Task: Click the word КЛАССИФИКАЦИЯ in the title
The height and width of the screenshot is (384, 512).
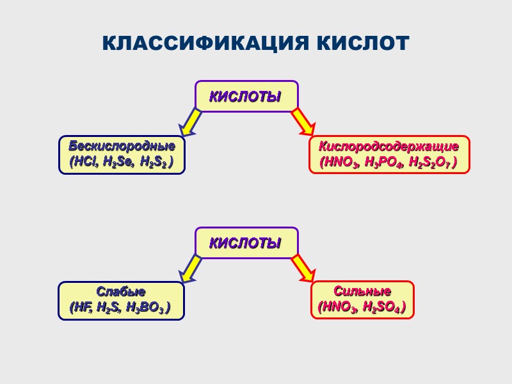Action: coord(197,44)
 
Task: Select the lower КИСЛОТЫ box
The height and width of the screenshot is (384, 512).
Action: coord(246,243)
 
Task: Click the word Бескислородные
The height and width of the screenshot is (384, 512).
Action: coord(122,146)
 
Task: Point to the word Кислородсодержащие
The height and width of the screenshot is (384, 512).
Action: coord(389,146)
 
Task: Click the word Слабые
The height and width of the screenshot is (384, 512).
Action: coord(121,292)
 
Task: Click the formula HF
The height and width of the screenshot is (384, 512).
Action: coord(80,308)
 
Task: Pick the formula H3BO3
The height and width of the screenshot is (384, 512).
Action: coord(147,308)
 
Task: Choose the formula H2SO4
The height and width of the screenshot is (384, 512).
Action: coord(383,307)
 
